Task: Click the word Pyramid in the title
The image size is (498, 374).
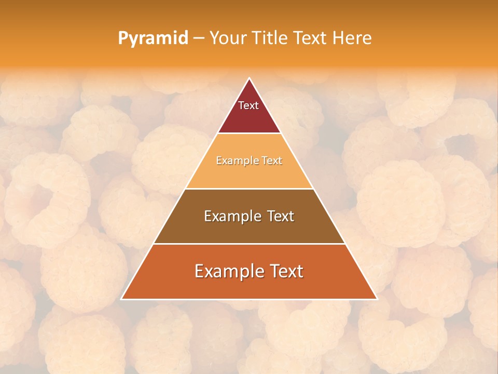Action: (x=153, y=38)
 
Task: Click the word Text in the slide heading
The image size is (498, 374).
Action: (x=311, y=38)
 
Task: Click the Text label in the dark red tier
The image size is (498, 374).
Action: (x=248, y=105)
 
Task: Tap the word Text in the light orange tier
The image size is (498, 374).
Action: (x=272, y=161)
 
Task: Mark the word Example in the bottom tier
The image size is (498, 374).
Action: (x=229, y=271)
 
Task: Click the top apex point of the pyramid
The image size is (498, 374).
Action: (x=250, y=78)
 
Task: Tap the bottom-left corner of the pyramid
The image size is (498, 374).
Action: (x=121, y=299)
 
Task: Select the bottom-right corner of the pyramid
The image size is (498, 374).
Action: (x=377, y=299)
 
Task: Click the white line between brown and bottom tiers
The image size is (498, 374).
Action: (x=249, y=244)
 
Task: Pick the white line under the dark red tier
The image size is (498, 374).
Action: (x=249, y=133)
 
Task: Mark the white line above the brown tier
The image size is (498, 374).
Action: (x=249, y=189)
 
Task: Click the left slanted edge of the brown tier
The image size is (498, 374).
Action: (x=170, y=216)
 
